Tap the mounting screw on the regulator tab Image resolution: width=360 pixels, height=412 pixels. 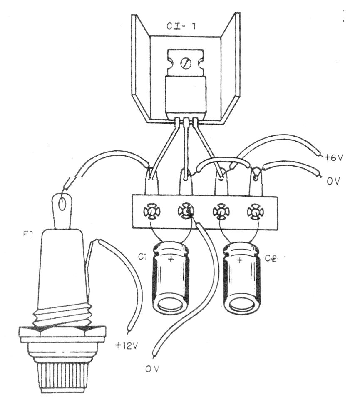[186, 64]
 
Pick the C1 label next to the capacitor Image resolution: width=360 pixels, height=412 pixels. [143, 257]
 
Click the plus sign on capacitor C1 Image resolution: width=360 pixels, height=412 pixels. [170, 259]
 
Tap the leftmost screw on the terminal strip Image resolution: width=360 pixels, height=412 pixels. [152, 213]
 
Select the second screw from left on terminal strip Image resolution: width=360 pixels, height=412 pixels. [186, 213]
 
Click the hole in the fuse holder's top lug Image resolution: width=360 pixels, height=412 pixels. [62, 205]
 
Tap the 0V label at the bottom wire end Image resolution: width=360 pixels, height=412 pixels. [153, 369]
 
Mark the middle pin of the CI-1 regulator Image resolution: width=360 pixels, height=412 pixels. [186, 122]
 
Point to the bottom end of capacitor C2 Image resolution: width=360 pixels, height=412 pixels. [243, 306]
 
